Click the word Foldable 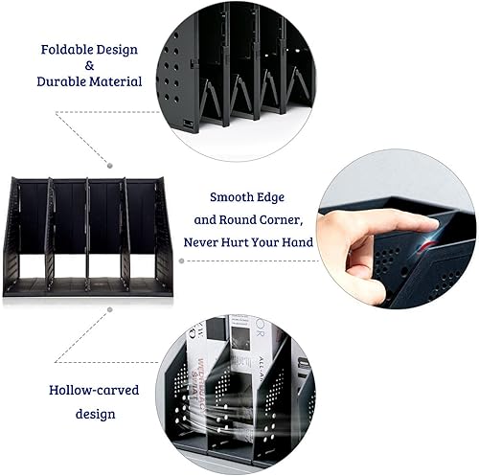coord(66,48)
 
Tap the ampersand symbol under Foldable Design coord(89,65)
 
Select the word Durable coord(62,82)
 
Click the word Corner coord(297,220)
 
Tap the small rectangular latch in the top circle coord(187,125)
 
